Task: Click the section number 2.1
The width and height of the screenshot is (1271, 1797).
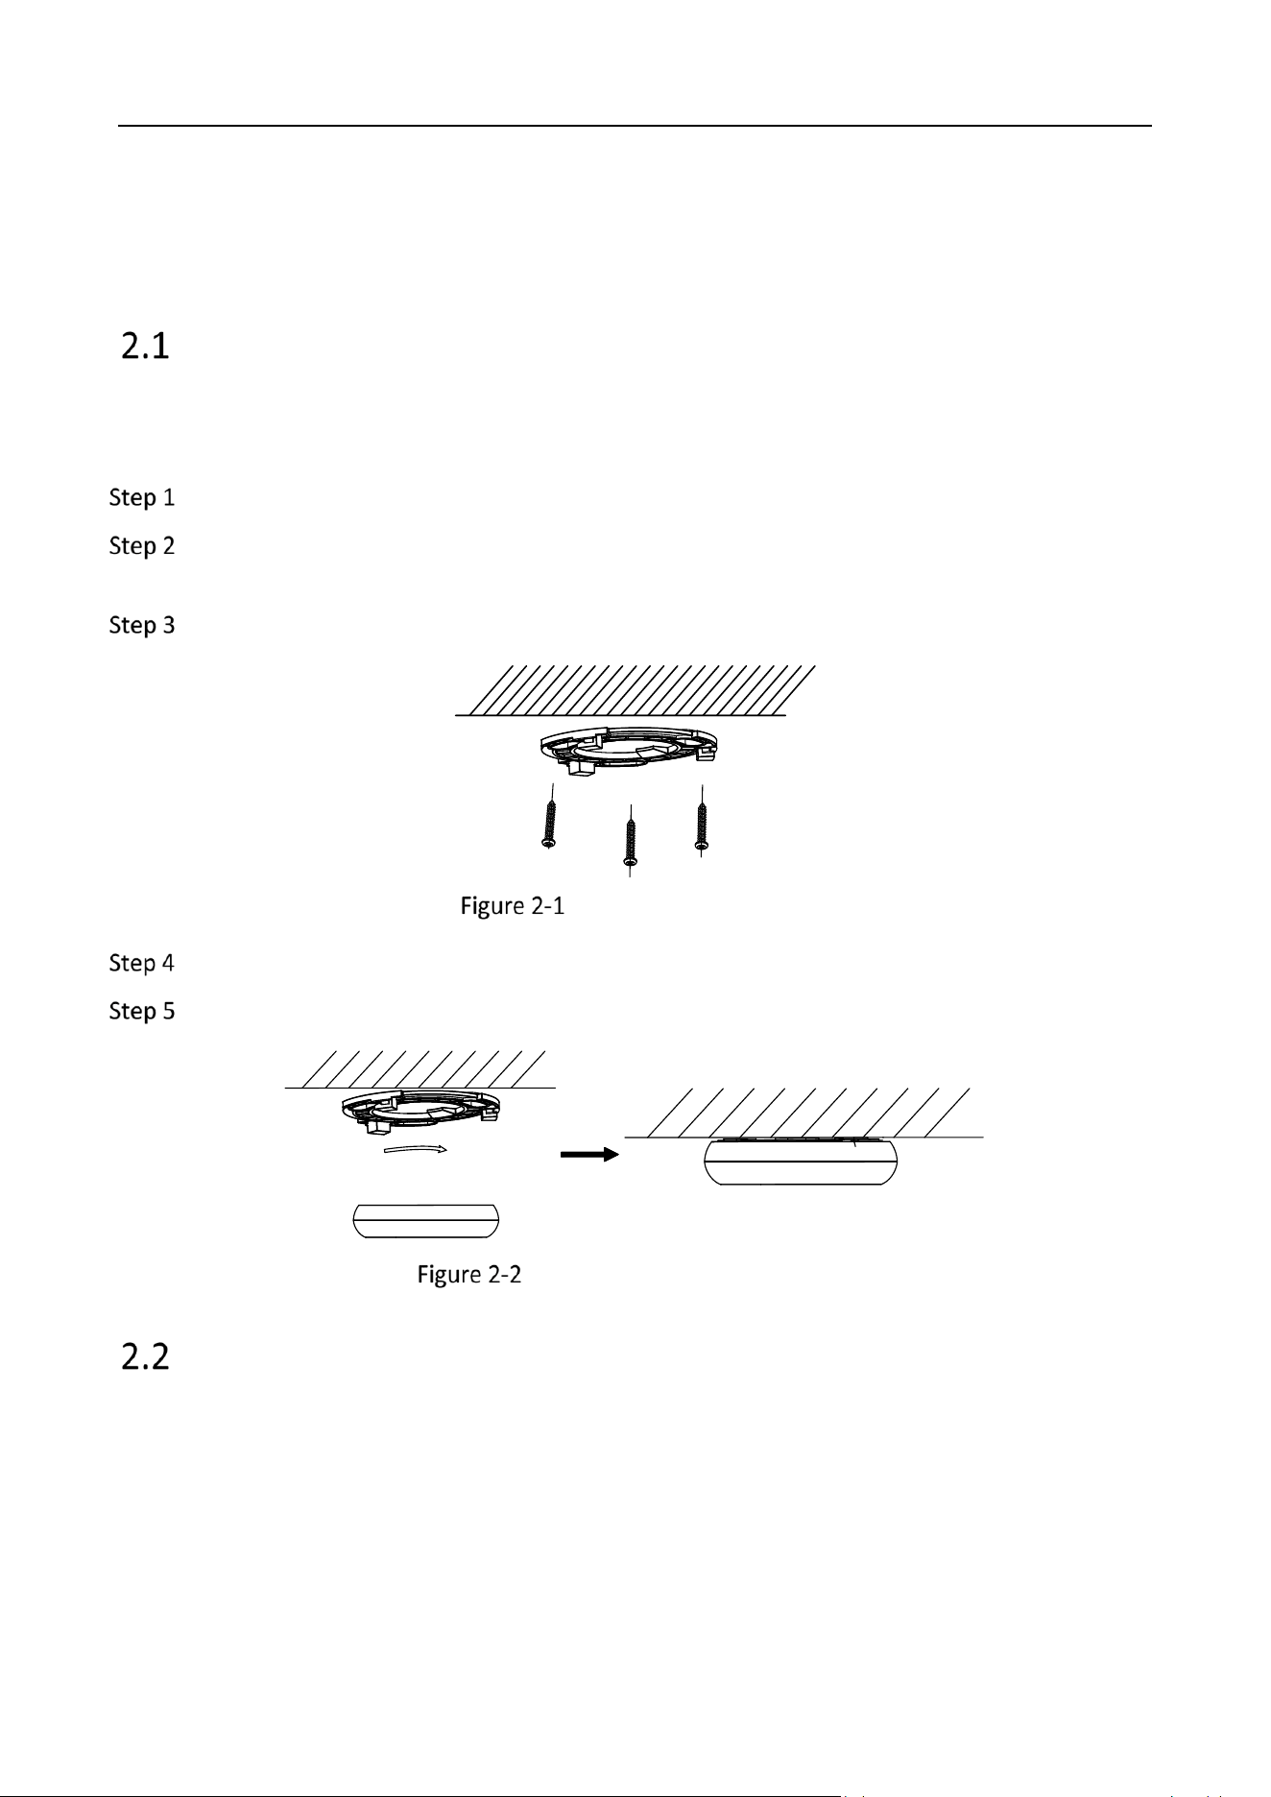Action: tap(146, 347)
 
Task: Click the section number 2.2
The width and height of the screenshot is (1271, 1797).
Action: tap(146, 1356)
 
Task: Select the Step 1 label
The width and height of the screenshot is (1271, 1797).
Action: tap(142, 498)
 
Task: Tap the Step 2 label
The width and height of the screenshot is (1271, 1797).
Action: tap(142, 546)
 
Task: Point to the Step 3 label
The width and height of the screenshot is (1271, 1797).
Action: tap(142, 626)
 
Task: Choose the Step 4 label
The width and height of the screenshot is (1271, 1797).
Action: tap(142, 963)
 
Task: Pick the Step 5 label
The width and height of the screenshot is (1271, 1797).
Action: tap(142, 1011)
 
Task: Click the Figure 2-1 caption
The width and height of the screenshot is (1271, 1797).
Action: tap(513, 906)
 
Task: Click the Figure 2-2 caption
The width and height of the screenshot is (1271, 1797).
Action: tap(469, 1275)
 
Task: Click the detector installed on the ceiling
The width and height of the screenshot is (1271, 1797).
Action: tap(802, 1162)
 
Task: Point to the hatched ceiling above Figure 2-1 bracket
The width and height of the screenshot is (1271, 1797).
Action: tap(635, 690)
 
